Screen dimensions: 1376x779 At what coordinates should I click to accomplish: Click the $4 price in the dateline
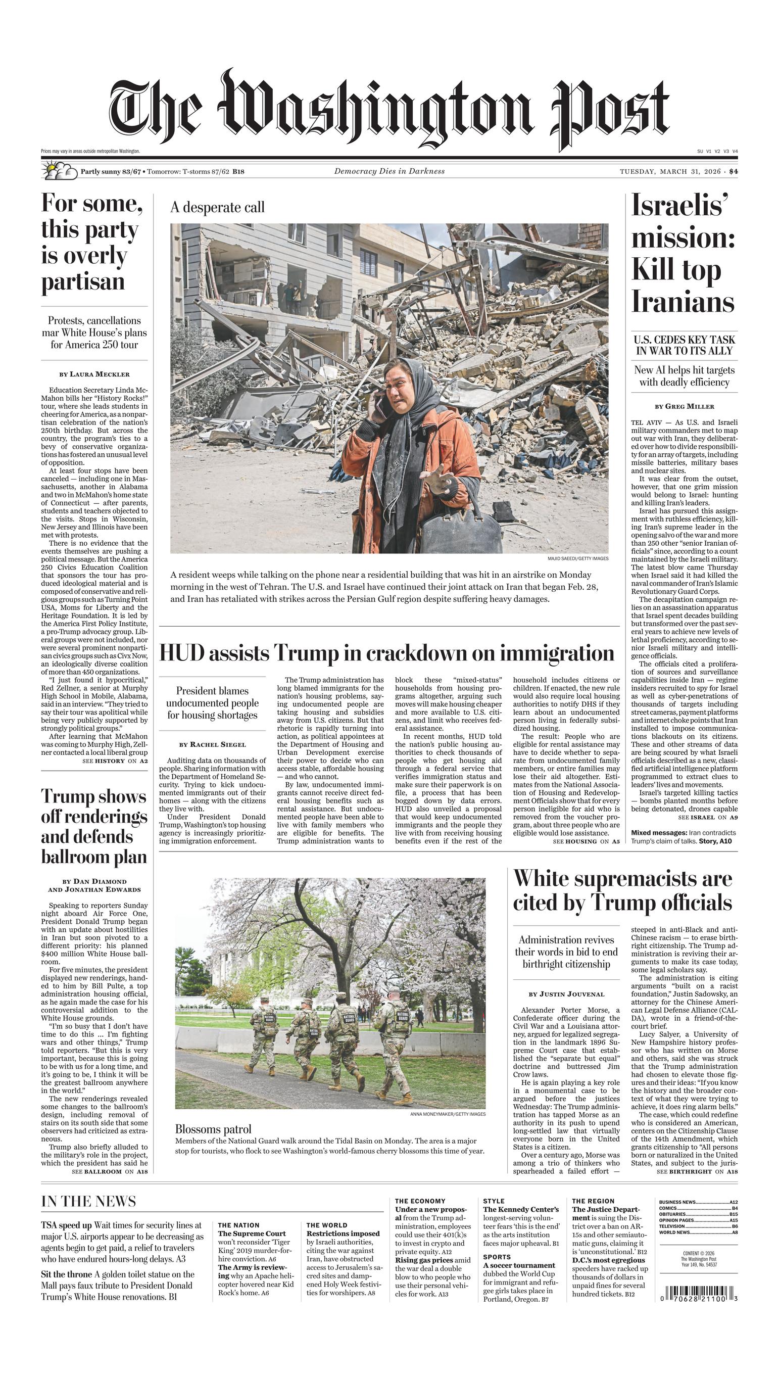(733, 172)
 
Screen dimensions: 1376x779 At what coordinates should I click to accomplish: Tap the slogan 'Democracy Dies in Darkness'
(389, 171)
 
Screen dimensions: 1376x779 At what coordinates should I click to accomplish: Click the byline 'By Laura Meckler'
(94, 374)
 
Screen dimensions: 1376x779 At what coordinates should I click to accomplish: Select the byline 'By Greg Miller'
(685, 407)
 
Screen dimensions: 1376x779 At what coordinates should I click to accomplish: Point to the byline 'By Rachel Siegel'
(212, 744)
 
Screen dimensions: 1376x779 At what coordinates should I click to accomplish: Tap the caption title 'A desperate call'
(217, 208)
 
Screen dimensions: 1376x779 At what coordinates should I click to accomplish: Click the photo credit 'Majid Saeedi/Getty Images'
(578, 558)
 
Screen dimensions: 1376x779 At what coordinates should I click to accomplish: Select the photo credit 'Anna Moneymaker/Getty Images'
(448, 1114)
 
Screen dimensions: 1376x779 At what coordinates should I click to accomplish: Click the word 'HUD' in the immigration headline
(182, 653)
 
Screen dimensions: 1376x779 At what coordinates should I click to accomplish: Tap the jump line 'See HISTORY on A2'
(115, 761)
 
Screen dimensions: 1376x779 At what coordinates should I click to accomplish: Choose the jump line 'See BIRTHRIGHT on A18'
(697, 1172)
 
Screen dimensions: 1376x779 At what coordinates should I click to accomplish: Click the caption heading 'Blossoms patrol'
(213, 1129)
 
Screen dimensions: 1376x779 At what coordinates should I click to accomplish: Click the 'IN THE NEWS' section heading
(89, 1202)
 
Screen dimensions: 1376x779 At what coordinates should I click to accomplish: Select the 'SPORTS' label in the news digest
(497, 1257)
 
